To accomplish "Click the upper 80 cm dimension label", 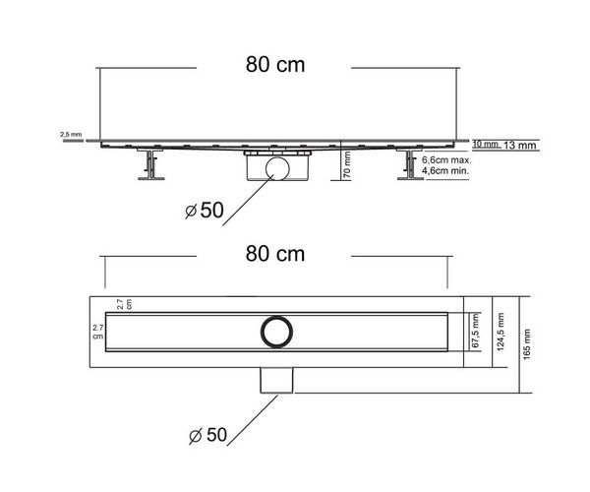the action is [275, 65].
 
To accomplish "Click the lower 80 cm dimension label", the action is [275, 254].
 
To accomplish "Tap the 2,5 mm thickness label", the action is [71, 135].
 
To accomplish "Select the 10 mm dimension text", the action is [486, 144].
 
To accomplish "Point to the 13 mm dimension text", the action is [519, 145].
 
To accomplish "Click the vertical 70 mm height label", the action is [347, 164].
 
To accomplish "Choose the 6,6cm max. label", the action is [446, 160].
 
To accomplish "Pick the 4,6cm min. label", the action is [445, 170].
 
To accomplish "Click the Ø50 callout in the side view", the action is [205, 210].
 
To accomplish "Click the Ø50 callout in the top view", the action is [207, 435].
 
